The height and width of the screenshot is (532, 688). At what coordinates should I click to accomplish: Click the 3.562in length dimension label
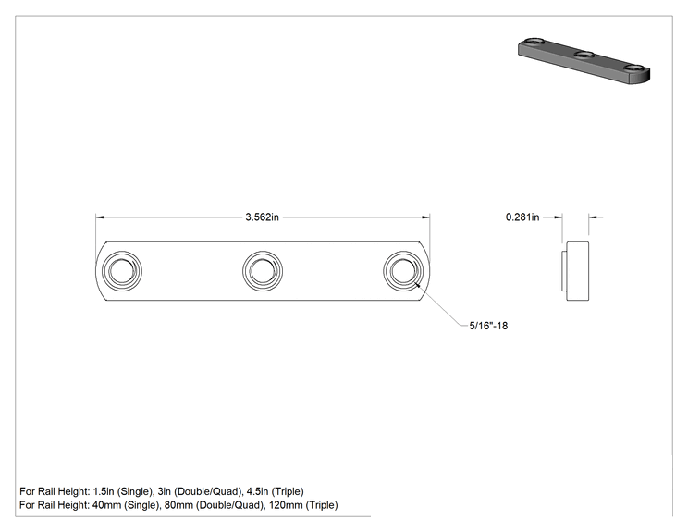tap(262, 217)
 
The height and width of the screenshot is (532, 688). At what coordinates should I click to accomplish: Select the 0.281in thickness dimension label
tap(522, 217)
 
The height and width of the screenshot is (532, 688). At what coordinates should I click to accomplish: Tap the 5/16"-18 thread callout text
tap(488, 326)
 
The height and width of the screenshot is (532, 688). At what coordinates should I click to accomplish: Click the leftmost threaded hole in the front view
tap(122, 271)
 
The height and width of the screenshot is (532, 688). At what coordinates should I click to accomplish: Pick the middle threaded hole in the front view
tap(263, 271)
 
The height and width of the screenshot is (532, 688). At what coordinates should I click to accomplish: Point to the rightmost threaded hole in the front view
tap(403, 271)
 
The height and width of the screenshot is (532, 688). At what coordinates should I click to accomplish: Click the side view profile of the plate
tap(575, 271)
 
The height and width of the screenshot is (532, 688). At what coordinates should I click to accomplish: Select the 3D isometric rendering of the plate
tap(584, 61)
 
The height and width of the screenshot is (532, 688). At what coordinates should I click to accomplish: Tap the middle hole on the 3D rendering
tap(584, 55)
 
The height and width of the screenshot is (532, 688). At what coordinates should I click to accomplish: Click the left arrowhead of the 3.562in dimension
tap(100, 217)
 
